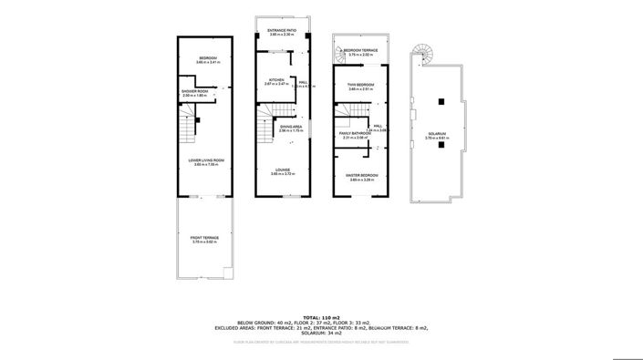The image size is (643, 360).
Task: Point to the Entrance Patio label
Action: pyautogui.click(x=281, y=32)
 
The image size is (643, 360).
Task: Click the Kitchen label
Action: pyautogui.click(x=275, y=81)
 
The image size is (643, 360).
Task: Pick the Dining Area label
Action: pyautogui.click(x=291, y=129)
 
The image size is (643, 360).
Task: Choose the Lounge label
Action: pyautogui.click(x=283, y=170)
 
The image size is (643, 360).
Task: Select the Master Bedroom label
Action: pyautogui.click(x=361, y=177)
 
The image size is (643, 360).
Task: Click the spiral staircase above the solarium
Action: pyautogui.click(x=424, y=56)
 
